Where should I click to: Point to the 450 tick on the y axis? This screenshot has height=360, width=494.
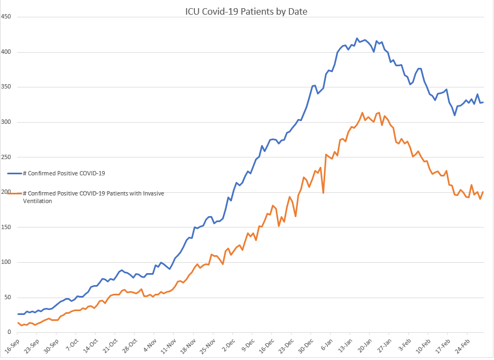tap(7, 17)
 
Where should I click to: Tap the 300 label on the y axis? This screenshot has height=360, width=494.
tap(7, 122)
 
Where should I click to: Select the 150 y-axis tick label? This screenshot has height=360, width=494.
tap(7, 227)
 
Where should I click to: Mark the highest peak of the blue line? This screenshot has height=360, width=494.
tap(357, 39)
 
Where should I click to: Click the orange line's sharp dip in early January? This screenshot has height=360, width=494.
tap(324, 193)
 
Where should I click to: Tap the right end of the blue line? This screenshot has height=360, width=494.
tap(483, 102)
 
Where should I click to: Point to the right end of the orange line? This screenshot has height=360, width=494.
tap(483, 192)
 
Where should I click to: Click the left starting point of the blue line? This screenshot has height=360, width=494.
tap(18, 314)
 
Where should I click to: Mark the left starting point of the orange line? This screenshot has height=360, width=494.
tap(18, 323)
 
